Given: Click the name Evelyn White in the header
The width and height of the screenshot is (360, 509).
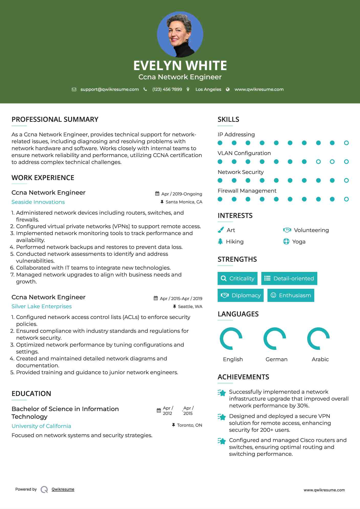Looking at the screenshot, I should (180, 65).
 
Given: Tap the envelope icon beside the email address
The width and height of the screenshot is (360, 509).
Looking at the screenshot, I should (74, 90).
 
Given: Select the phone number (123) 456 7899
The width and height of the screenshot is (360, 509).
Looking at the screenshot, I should (167, 90).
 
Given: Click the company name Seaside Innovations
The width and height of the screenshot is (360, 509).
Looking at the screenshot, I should (38, 202).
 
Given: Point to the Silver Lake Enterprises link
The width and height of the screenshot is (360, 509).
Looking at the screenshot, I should (41, 306).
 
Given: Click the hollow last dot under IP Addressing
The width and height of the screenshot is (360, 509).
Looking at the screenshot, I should (346, 143).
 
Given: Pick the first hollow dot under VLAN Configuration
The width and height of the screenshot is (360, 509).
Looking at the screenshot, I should (318, 162).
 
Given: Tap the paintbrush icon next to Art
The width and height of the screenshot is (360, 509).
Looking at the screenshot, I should (221, 230).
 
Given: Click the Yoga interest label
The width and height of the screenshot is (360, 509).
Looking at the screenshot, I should (299, 242).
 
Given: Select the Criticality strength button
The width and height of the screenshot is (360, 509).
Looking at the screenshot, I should (237, 278).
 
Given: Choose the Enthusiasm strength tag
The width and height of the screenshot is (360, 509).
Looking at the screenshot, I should (291, 295).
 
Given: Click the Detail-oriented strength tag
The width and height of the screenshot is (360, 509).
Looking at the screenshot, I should (289, 278).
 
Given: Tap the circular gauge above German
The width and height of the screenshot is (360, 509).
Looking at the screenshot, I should (275, 338).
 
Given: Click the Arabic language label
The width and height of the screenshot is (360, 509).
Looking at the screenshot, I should (320, 359).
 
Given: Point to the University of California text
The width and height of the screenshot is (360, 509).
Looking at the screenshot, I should (41, 426).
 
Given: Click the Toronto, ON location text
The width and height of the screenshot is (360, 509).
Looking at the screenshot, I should (189, 425).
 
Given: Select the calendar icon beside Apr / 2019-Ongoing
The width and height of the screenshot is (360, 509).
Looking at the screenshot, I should (157, 194).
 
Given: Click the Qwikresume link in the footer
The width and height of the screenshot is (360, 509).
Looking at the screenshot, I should (63, 489).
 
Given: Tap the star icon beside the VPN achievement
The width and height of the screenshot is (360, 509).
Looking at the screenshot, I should (222, 417).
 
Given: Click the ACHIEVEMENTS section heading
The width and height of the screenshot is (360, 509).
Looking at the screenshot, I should (243, 377).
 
